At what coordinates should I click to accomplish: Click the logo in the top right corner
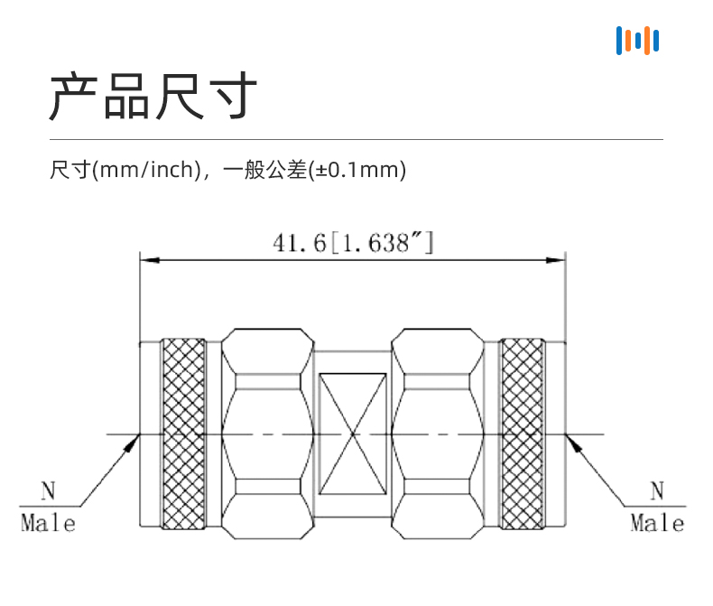[x=637, y=41]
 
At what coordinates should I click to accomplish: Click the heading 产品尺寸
[x=153, y=97]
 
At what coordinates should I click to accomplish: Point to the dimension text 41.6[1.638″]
[x=353, y=242]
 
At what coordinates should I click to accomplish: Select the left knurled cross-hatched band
[x=182, y=434]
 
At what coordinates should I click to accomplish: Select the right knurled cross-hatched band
[x=523, y=434]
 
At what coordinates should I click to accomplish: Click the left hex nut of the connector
[x=267, y=434]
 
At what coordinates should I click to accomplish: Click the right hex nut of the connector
[x=438, y=434]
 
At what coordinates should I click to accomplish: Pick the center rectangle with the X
[x=353, y=434]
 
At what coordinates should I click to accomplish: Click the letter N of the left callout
[x=48, y=492]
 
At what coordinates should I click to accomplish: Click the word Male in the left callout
[x=48, y=522]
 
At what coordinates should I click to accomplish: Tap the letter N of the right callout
[x=657, y=492]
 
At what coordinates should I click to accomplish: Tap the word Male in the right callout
[x=657, y=522]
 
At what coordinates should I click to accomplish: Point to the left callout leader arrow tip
[x=139, y=436]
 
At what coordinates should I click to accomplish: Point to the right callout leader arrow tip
[x=568, y=436]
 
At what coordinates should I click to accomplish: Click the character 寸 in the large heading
[x=231, y=97]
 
